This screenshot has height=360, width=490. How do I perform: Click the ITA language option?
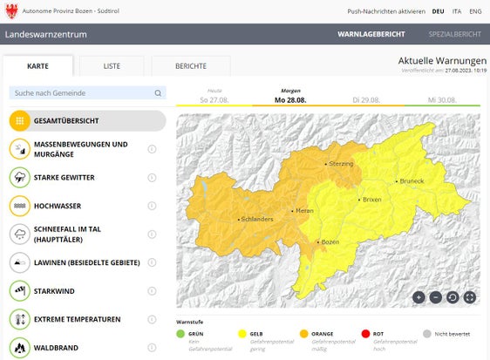[457, 11]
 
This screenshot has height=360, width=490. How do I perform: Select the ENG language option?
[475, 11]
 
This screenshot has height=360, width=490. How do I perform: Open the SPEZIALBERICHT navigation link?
[454, 34]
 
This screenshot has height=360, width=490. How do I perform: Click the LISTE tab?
[112, 66]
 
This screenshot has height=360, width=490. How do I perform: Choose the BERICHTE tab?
[191, 66]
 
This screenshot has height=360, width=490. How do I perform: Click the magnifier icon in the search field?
[158, 93]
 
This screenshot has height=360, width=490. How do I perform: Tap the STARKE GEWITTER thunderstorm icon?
[19, 178]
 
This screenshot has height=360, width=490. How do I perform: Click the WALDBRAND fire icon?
[19, 347]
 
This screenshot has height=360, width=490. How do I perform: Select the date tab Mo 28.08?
[290, 99]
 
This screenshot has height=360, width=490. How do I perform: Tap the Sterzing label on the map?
[340, 164]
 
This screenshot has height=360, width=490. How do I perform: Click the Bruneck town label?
[411, 181]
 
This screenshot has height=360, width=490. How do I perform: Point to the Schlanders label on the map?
[259, 220]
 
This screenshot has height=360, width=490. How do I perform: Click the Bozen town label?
[330, 241]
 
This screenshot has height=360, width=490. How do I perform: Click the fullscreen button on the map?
[470, 296]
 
